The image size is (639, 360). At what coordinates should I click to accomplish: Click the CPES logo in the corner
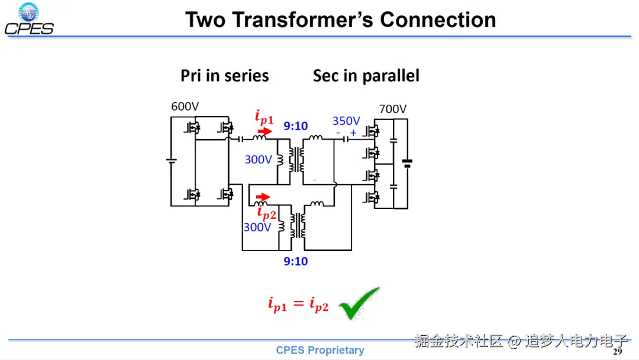[x=29, y=20]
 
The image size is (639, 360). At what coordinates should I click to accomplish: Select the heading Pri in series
[x=224, y=76]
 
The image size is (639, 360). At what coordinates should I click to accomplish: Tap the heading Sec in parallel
[x=366, y=76]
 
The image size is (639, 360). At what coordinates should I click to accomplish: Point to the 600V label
[x=185, y=107]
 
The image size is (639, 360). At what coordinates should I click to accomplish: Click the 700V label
[x=393, y=109]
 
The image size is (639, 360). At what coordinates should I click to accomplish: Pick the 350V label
[x=346, y=121]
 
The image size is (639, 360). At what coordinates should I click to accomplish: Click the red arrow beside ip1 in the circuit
[x=266, y=131]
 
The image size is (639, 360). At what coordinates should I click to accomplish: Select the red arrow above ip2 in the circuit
[x=262, y=197]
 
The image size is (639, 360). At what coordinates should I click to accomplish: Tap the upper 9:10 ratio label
[x=296, y=126]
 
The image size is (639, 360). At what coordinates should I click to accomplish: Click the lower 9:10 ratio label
[x=296, y=261]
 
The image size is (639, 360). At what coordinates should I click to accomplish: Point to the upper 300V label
[x=258, y=159]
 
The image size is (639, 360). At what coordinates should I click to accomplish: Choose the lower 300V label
[x=257, y=227]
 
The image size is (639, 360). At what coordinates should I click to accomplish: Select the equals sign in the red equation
[x=299, y=304]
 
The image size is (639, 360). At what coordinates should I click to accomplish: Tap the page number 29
[x=617, y=352]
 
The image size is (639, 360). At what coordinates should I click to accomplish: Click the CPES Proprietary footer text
[x=320, y=351]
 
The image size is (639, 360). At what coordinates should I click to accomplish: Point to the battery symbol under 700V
[x=407, y=163]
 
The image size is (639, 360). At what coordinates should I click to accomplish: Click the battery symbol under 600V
[x=171, y=162]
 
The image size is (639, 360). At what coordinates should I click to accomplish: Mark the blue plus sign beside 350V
[x=353, y=133]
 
